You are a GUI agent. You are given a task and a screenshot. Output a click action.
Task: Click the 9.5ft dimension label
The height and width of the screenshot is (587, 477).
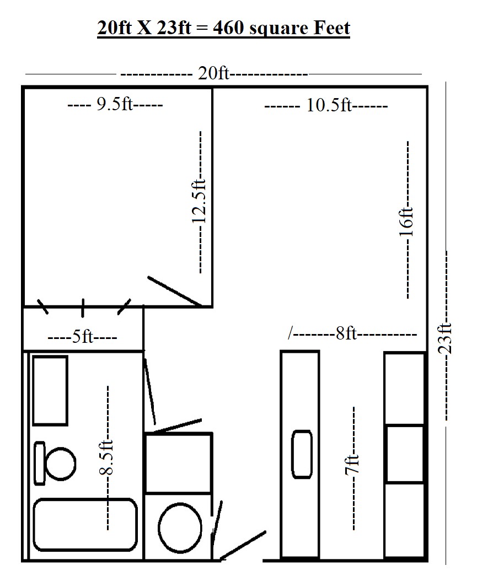click(x=115, y=104)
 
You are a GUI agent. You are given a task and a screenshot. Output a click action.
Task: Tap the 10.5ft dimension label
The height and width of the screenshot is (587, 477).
click(x=329, y=105)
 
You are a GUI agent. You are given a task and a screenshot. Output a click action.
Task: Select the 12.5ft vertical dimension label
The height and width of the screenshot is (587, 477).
click(x=199, y=201)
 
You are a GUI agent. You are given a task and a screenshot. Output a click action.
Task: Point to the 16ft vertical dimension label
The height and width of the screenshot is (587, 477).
click(x=406, y=222)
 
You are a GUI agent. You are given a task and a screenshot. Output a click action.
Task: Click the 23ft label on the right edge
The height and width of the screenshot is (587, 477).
click(x=445, y=338)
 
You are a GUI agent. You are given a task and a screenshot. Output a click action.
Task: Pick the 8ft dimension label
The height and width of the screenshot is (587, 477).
click(x=346, y=333)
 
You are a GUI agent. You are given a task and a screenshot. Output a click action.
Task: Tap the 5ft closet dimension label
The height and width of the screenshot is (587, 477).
click(x=82, y=337)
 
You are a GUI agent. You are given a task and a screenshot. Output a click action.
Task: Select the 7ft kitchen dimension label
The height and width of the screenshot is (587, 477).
click(x=352, y=465)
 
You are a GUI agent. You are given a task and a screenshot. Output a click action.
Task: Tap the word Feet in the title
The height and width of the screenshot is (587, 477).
click(x=331, y=28)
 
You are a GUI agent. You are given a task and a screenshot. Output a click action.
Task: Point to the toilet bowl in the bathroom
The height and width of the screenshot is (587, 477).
click(x=61, y=464)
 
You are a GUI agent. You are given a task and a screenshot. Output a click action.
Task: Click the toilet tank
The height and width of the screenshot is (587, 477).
click(x=40, y=464)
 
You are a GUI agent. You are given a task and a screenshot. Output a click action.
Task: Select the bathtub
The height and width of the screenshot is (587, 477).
click(x=85, y=525)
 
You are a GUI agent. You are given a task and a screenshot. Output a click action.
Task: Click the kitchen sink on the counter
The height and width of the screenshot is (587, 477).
click(x=302, y=454)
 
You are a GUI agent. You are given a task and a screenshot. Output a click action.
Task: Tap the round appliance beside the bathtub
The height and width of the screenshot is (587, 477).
click(x=180, y=528)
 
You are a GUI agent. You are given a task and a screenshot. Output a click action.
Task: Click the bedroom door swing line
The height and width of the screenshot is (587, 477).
click(x=174, y=291)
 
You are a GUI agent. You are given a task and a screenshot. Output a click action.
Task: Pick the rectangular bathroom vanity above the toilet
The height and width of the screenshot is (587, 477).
click(x=50, y=390)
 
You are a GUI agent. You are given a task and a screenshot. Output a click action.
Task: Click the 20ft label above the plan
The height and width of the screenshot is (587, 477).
click(x=213, y=73)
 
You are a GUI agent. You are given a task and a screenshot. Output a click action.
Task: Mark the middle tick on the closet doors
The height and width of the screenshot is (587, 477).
click(x=83, y=308)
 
